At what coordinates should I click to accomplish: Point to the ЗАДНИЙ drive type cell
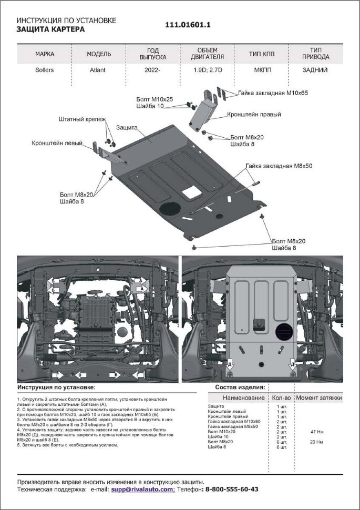point(315,69)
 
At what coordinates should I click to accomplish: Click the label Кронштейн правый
point(254,114)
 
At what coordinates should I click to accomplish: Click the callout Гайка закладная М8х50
point(279,166)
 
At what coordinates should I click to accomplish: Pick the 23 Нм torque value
point(317,442)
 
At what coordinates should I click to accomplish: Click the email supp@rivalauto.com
point(142,489)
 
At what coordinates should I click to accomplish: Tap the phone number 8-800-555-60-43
point(231,489)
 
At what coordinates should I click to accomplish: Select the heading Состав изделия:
point(240,387)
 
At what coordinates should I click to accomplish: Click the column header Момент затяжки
point(318,398)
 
